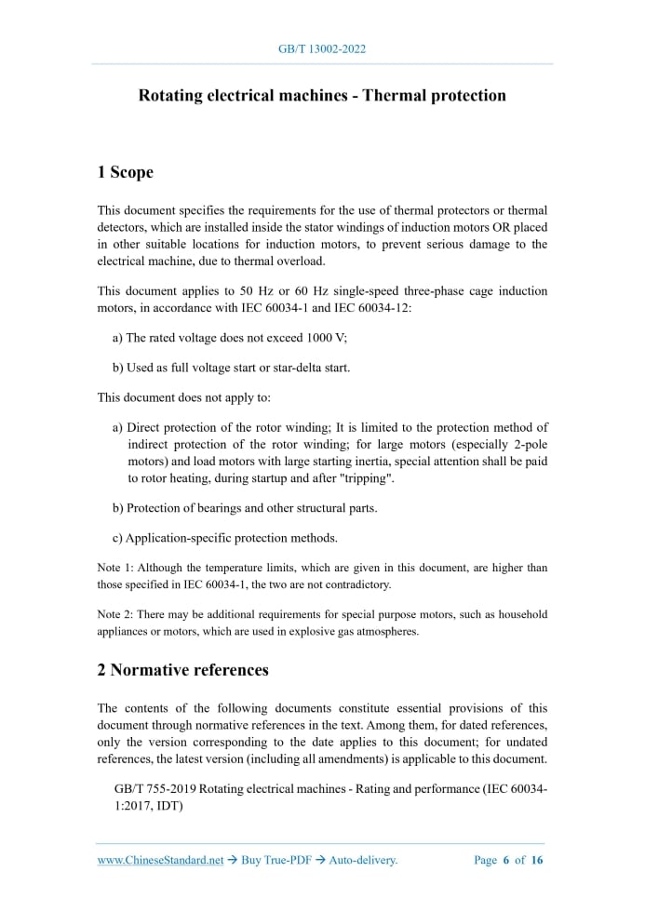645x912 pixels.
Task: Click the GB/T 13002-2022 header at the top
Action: (x=322, y=49)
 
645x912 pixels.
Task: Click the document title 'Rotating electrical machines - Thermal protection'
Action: (x=322, y=96)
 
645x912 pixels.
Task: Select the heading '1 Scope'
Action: (x=125, y=172)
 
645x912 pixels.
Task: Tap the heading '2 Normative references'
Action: (x=182, y=670)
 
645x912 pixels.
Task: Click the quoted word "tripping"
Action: (x=367, y=477)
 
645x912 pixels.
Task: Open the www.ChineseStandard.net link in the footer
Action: (x=160, y=861)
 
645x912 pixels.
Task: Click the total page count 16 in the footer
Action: (x=537, y=861)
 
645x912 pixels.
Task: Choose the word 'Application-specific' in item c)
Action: (x=181, y=538)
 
